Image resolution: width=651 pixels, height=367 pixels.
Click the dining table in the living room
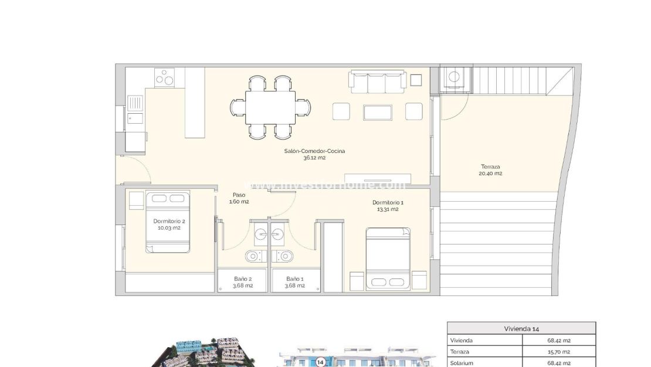(x=270, y=107)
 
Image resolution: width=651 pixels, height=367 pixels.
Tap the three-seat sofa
(x=378, y=81)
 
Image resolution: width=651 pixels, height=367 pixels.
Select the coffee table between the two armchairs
(x=378, y=111)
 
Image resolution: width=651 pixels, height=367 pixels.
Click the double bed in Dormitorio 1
(x=388, y=259)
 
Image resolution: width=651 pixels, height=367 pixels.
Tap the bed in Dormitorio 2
(x=168, y=222)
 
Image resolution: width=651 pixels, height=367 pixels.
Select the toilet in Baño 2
(x=255, y=256)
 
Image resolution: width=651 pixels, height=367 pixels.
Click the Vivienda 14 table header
(x=521, y=328)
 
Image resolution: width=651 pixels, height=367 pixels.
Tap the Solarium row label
(x=462, y=363)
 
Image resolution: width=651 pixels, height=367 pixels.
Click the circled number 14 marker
(x=320, y=362)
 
